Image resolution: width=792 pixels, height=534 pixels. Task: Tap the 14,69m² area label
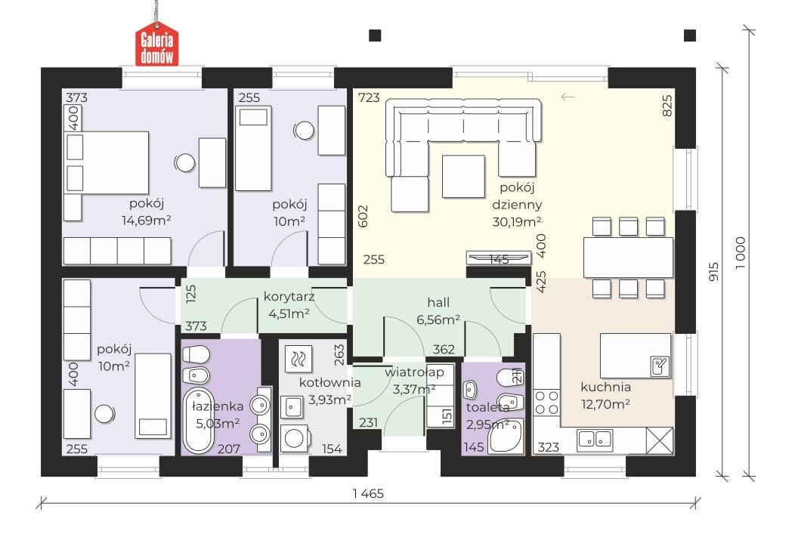pyautogui.click(x=146, y=220)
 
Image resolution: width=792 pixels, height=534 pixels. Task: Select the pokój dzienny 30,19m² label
pyautogui.click(x=517, y=205)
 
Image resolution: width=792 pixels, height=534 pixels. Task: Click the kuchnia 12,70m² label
pyautogui.click(x=605, y=395)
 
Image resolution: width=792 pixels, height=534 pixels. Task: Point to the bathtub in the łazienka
pyautogui.click(x=198, y=421)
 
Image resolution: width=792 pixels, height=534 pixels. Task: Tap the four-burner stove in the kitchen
pyautogui.click(x=546, y=403)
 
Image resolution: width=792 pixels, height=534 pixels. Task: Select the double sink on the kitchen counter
pyautogui.click(x=595, y=439)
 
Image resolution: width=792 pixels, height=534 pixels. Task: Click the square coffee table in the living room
pyautogui.click(x=463, y=176)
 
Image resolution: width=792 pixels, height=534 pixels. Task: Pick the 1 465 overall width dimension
pyautogui.click(x=368, y=494)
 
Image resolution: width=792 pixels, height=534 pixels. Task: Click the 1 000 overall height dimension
pyautogui.click(x=740, y=253)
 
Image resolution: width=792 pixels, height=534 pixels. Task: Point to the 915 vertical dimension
pyautogui.click(x=713, y=272)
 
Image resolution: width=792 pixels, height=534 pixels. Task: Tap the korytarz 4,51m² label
pyautogui.click(x=289, y=305)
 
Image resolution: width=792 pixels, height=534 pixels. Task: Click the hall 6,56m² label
pyautogui.click(x=438, y=311)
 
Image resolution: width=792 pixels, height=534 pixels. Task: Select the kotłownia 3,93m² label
pyautogui.click(x=329, y=390)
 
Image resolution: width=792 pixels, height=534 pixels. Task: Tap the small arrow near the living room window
pyautogui.click(x=568, y=97)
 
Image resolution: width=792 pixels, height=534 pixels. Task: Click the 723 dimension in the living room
pyautogui.click(x=369, y=97)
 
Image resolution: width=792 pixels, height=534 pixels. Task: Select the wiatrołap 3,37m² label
pyautogui.click(x=414, y=381)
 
